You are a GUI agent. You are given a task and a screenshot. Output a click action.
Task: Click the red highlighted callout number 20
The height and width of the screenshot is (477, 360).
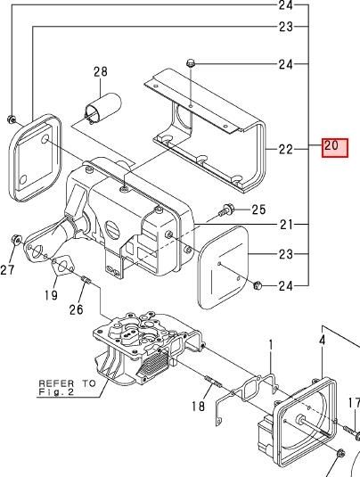click(335, 148)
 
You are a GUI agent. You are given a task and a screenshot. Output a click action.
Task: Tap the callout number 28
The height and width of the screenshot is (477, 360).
click(101, 71)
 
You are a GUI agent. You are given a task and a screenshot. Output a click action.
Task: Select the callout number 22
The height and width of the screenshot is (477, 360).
click(285, 149)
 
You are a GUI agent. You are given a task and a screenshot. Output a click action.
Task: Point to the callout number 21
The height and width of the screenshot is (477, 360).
click(286, 225)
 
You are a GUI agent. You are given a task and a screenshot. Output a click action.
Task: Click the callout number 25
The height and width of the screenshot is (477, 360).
click(258, 210)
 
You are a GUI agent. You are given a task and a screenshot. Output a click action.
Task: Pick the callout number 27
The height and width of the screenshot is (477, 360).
click(7, 269)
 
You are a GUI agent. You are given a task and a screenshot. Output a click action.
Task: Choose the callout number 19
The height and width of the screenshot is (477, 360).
click(51, 295)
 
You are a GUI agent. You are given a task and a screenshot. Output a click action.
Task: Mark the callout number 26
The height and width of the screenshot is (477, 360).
click(76, 309)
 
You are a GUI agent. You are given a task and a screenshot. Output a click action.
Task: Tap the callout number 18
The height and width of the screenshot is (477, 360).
click(198, 406)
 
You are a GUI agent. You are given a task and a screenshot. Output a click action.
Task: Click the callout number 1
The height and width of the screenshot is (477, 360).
click(271, 345)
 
